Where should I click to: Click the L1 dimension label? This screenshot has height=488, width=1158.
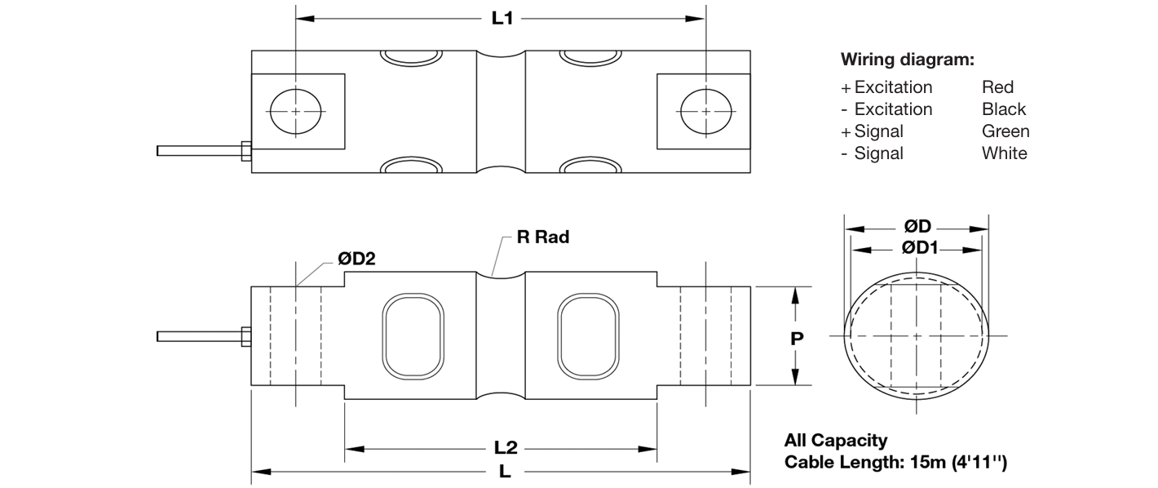pyautogui.click(x=502, y=19)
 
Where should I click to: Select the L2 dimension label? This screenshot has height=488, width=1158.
pyautogui.click(x=505, y=448)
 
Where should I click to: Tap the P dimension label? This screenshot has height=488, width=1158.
pyautogui.click(x=797, y=339)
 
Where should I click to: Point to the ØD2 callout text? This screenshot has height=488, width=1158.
pyautogui.click(x=356, y=258)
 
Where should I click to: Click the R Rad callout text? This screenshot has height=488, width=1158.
pyautogui.click(x=543, y=237)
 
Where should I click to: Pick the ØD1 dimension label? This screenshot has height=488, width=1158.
pyautogui.click(x=920, y=248)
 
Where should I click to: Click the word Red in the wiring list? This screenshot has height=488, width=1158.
pyautogui.click(x=997, y=87)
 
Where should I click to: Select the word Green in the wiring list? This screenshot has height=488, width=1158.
pyautogui.click(x=1006, y=131)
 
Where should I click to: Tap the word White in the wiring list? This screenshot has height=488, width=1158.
pyautogui.click(x=1005, y=153)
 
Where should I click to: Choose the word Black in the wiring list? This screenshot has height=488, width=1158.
pyautogui.click(x=1003, y=109)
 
